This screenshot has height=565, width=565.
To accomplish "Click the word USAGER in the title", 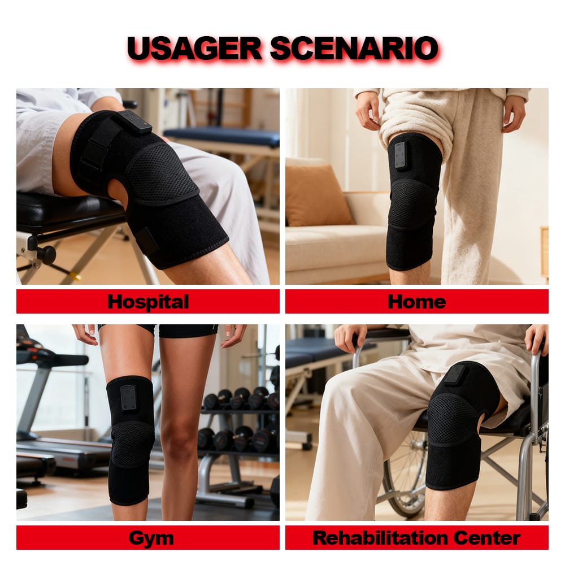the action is pos(194,48).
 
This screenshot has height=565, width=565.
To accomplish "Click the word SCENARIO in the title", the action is pos(354,48).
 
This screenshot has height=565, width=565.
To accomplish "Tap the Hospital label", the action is pos(148,302).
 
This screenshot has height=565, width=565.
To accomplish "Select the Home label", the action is pos(417,302).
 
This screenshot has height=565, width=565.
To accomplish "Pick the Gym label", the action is pos(151,538).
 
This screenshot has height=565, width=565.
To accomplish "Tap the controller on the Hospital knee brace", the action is pos(135,122).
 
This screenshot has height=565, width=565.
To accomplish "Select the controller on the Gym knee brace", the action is pos(128,398).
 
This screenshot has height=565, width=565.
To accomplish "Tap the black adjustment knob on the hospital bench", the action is pos(46,254).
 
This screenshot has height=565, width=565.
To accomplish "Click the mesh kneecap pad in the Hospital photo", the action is pos(162,173).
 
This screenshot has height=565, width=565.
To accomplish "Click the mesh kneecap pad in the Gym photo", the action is pos(131,445).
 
